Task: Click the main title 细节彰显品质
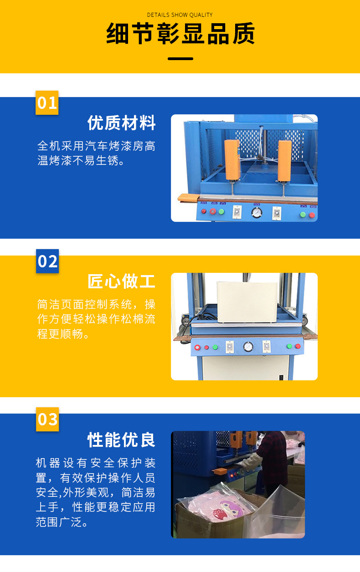[180, 34]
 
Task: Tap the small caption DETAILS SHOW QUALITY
[180, 15]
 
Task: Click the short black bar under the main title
[180, 58]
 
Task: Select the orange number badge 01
[47, 103]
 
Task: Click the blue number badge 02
[47, 261]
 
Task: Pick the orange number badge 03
[47, 419]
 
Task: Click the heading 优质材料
[122, 123]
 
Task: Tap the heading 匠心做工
[122, 281]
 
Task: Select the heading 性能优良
[122, 440]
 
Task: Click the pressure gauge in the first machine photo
[257, 212]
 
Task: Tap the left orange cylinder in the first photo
[231, 159]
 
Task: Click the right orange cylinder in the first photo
[284, 159]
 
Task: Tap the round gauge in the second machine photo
[248, 347]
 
